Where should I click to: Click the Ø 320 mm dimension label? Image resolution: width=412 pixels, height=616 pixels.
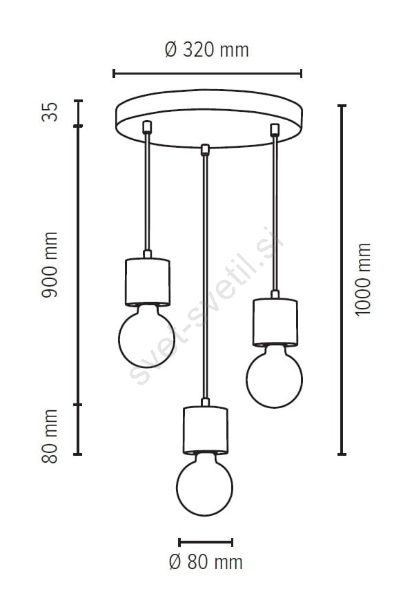[207, 50]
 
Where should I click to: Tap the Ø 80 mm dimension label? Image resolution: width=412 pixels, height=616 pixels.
[206, 562]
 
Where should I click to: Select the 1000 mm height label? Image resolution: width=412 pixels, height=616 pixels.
[362, 279]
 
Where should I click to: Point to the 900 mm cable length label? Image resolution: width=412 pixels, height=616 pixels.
[50, 264]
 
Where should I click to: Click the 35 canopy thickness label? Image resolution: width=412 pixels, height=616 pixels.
[50, 112]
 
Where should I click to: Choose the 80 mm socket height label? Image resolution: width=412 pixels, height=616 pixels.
[50, 436]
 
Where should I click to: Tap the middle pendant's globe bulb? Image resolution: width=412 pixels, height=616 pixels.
[205, 485]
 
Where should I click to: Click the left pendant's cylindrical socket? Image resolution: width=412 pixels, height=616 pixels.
[147, 282]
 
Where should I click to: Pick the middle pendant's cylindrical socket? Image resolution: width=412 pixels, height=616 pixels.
[205, 430]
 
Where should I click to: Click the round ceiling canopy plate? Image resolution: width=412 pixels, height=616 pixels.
[209, 119]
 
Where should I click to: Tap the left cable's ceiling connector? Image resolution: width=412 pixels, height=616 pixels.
[147, 126]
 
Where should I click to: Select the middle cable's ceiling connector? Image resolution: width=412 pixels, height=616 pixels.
[205, 150]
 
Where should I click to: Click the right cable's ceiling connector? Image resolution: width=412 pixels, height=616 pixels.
[275, 130]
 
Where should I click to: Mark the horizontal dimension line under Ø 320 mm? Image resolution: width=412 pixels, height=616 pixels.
[207, 73]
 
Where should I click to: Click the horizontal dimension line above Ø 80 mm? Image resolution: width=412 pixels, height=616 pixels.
[206, 542]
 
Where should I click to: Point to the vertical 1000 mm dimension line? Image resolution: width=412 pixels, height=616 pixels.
[342, 280]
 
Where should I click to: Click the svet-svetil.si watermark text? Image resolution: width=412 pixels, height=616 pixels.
[206, 306]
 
